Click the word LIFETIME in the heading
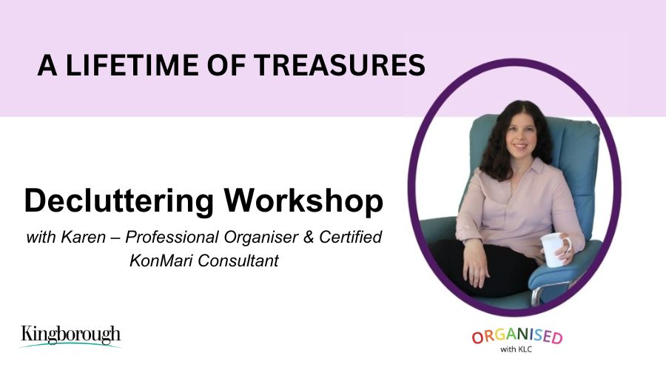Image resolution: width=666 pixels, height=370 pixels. (x=132, y=65)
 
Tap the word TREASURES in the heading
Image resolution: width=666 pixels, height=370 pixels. (x=340, y=65)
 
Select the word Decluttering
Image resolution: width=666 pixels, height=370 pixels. (x=119, y=201)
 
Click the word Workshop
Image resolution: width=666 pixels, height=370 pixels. (x=303, y=200)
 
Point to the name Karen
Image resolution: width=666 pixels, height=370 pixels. (x=83, y=237)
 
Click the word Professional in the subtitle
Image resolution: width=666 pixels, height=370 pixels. (x=172, y=237)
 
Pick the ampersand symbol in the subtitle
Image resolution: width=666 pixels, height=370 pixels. (x=309, y=238)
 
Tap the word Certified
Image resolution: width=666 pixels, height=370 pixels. (x=351, y=237)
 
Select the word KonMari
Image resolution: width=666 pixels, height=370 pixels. (x=161, y=260)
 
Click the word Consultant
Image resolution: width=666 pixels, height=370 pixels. (x=238, y=260)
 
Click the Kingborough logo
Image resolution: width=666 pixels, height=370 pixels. (x=70, y=337)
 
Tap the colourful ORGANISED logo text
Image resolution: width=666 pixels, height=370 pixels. (x=517, y=336)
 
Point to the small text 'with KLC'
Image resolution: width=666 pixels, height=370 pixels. (x=516, y=349)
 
